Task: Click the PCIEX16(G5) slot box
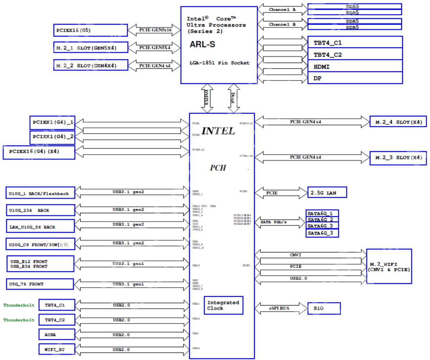click(x=90, y=30)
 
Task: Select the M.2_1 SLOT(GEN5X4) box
click(x=91, y=48)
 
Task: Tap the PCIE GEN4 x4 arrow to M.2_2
click(x=155, y=66)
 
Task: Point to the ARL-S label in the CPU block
click(x=202, y=44)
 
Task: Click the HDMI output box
click(x=355, y=66)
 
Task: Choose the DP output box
click(x=355, y=78)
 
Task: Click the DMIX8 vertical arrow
click(x=207, y=98)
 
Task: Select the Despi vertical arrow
click(x=233, y=98)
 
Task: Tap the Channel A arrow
click(x=282, y=9)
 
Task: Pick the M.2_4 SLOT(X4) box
click(x=398, y=122)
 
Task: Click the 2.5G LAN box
click(x=327, y=193)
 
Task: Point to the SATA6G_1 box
click(x=322, y=213)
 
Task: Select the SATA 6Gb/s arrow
click(x=279, y=222)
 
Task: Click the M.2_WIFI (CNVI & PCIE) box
click(x=389, y=267)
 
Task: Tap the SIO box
click(x=324, y=308)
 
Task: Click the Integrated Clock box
click(x=223, y=305)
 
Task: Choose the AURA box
click(x=57, y=335)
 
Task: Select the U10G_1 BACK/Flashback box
click(x=40, y=194)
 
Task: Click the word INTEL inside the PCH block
click(x=218, y=131)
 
